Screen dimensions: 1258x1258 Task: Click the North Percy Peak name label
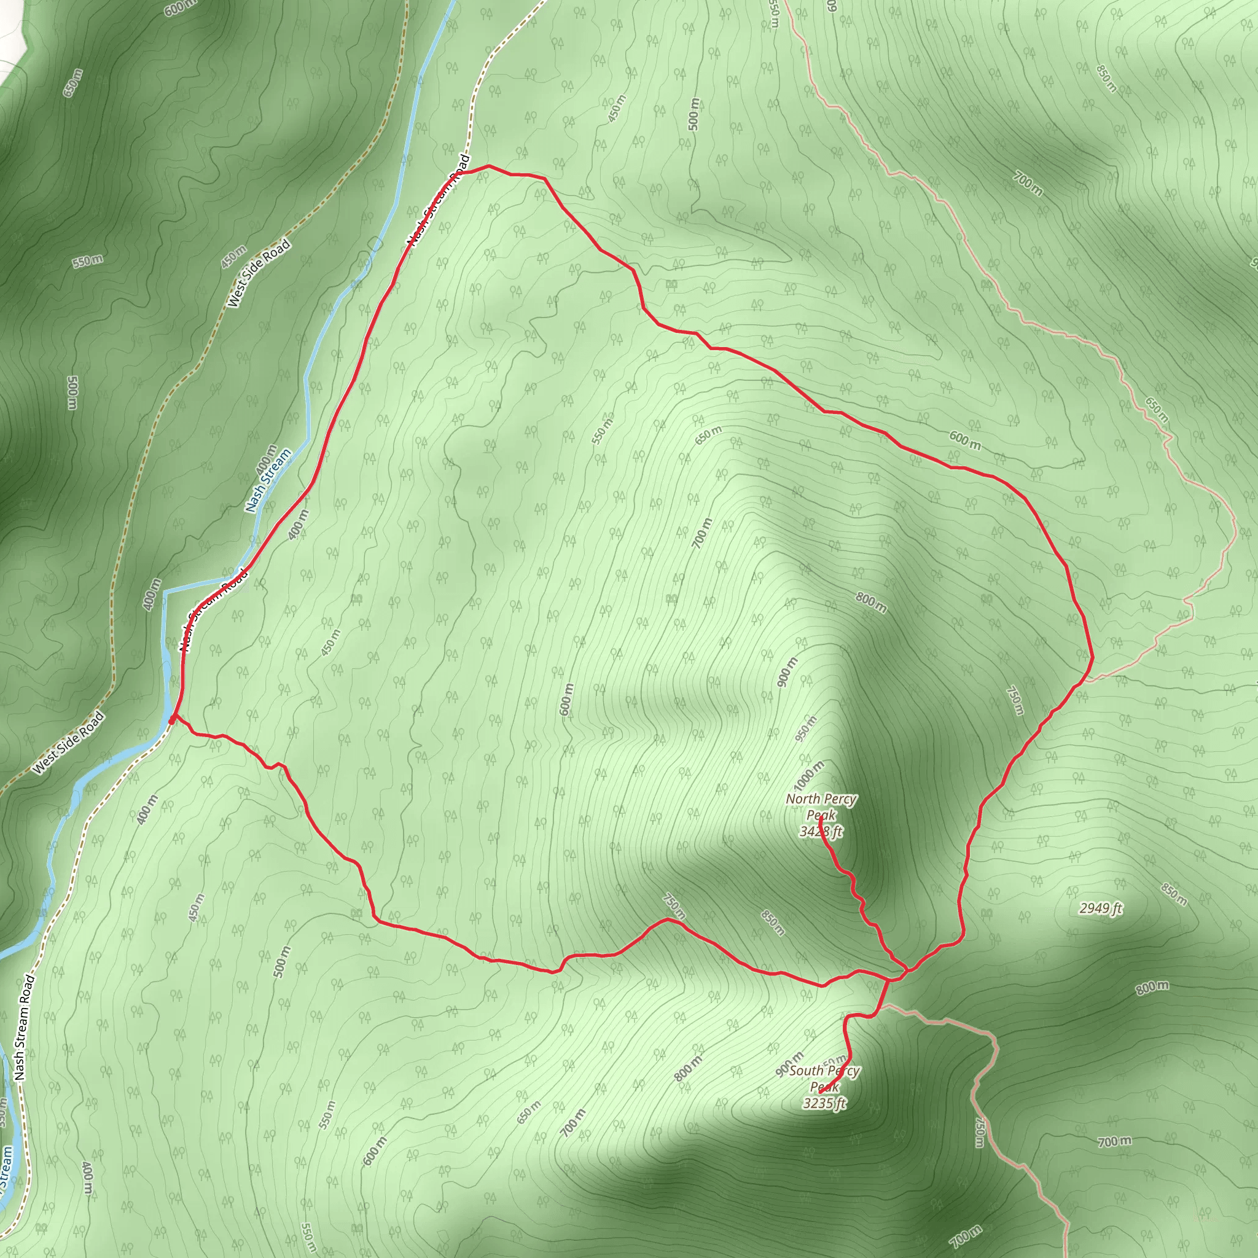821,807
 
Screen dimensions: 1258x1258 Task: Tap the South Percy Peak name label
824,1078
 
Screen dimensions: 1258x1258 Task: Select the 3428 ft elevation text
821,832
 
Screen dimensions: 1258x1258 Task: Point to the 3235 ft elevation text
824,1103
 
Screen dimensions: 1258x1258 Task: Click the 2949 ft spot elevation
1100,908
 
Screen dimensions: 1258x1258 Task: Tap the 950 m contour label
805,729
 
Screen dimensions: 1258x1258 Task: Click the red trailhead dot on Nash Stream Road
171,720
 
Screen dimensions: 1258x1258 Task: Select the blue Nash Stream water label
268,480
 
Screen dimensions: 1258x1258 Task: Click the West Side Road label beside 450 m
259,273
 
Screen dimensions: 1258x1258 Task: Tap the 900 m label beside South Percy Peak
790,1064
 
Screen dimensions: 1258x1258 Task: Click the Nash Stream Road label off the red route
24,1028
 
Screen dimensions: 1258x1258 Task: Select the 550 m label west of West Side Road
87,261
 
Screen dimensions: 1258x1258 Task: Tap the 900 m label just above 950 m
787,672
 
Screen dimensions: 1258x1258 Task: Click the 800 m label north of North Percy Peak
870,603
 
